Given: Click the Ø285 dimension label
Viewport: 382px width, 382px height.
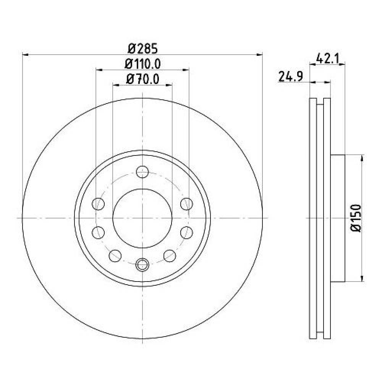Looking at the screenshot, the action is coord(143,49).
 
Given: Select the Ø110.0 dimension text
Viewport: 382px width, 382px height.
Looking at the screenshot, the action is coord(143,64).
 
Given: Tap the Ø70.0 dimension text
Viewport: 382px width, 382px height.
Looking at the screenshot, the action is coord(143,79).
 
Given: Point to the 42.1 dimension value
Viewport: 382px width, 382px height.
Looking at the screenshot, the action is coord(327,59).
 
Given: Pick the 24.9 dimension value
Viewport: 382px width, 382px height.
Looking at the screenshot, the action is coord(291,76).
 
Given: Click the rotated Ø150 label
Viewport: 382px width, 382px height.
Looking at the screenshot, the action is coord(356,218).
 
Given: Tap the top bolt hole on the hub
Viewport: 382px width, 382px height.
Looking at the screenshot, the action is coord(142,172).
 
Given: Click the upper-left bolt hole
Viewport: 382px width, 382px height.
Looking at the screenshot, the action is coord(98,204).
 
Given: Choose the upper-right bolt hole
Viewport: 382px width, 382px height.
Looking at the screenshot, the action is coord(187,204).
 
